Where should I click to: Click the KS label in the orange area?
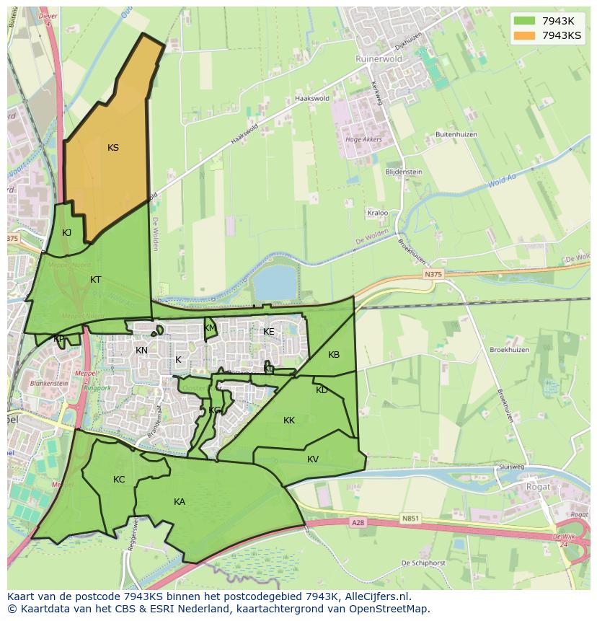click(113, 148)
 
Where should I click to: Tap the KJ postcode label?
click(66, 232)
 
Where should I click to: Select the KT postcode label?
click(96, 279)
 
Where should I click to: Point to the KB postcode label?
click(334, 354)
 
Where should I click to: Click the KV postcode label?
click(313, 459)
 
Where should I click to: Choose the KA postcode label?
click(180, 501)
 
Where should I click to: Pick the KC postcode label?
click(119, 479)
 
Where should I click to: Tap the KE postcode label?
click(269, 331)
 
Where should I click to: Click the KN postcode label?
click(141, 351)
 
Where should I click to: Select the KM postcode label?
click(210, 327)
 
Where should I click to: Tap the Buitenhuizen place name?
click(456, 134)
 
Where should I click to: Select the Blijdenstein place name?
click(404, 172)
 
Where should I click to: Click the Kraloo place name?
click(378, 213)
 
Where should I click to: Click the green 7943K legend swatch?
click(524, 20)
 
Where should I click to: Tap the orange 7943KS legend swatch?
click(524, 35)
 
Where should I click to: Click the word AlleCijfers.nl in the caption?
click(374, 596)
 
